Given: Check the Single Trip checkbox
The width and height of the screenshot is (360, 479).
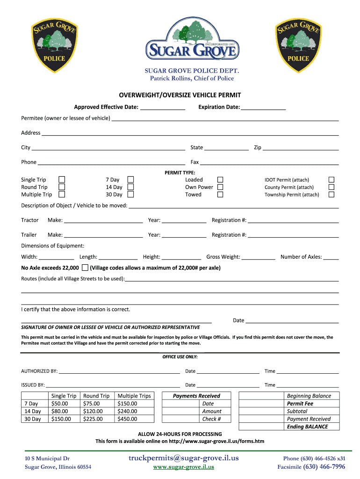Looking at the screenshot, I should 61,180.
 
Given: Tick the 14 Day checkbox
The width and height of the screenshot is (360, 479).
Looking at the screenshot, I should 131,187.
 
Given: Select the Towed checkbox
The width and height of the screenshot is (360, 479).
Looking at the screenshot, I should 220,195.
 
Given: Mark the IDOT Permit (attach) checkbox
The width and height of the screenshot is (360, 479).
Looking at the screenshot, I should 331,180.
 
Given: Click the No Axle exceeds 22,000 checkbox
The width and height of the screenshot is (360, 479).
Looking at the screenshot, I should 85,268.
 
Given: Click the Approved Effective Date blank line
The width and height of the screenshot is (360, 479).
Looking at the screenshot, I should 163,108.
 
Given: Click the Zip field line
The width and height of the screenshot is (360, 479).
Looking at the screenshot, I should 301,148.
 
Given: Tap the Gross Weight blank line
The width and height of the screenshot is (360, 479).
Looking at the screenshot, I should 259,257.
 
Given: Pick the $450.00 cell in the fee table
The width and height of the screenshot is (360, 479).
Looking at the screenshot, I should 128,419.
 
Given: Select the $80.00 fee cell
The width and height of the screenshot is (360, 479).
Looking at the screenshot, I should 60,411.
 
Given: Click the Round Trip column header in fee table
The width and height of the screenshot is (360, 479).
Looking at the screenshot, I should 96,396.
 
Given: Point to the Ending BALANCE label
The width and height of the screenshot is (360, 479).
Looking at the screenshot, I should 308,427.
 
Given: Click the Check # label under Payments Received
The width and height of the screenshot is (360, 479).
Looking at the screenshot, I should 211,419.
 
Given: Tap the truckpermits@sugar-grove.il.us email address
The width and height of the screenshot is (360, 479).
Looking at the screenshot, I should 183,458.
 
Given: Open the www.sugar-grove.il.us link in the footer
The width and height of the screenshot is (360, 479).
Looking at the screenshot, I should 184,467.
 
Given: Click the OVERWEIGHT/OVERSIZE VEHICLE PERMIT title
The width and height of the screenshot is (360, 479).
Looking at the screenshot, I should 180,95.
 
